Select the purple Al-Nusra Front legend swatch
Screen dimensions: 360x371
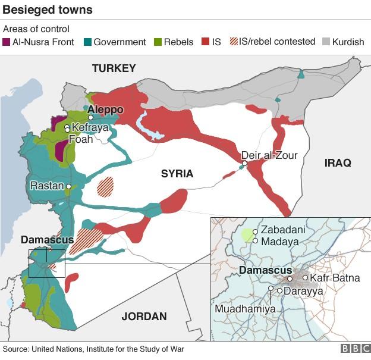(7, 42)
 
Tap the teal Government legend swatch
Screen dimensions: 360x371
(87, 42)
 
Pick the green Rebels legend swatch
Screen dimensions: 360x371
(158, 42)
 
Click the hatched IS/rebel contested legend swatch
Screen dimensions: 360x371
(234, 42)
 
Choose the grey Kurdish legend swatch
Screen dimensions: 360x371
(326, 42)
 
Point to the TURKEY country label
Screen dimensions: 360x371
(114, 68)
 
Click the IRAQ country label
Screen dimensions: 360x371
(338, 162)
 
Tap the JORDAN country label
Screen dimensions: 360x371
(144, 317)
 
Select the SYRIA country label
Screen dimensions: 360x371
(177, 174)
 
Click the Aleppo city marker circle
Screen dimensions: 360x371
(90, 118)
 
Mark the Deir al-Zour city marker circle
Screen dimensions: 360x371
(244, 163)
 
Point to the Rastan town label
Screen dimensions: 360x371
(47, 186)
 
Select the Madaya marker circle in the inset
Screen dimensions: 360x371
(255, 241)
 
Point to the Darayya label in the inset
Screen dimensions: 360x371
(303, 292)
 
